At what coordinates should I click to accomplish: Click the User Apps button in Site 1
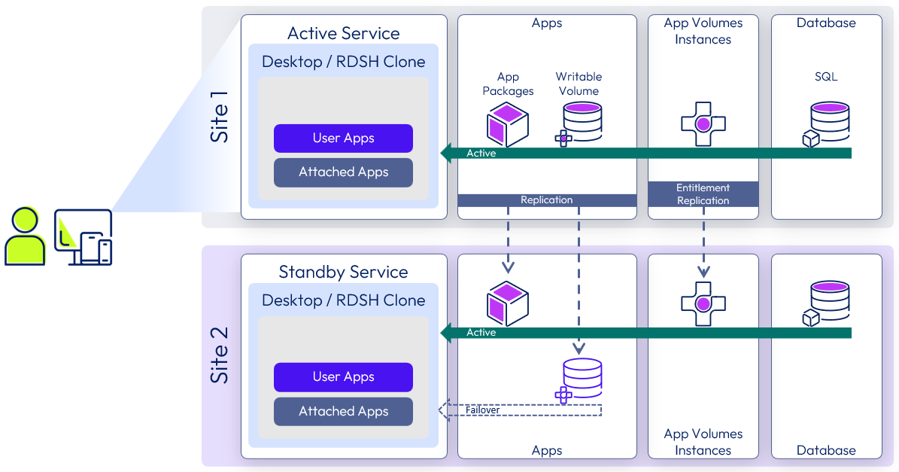[343, 139]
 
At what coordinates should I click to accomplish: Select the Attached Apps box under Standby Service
[343, 411]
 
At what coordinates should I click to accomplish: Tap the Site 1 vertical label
[219, 120]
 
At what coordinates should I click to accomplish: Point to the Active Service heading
[343, 33]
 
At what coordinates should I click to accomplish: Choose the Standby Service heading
[343, 272]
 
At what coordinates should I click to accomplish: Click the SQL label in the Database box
[825, 77]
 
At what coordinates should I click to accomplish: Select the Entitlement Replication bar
[703, 194]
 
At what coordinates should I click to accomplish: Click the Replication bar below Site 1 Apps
[547, 200]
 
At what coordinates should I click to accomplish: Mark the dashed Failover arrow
[519, 410]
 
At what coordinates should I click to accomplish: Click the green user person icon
[25, 236]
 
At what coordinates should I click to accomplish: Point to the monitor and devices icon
[84, 237]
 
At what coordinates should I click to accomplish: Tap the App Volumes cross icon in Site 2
[703, 303]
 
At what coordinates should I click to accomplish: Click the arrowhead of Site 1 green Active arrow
[447, 153]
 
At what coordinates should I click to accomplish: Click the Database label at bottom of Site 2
[825, 450]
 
